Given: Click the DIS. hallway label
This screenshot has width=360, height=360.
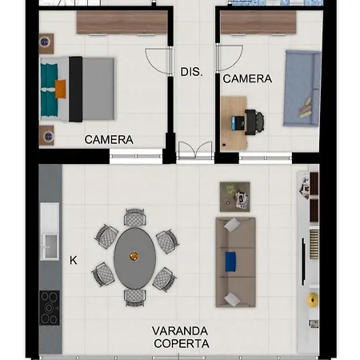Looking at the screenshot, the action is tap(191, 72).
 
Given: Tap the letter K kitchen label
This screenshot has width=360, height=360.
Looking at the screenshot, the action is tap(74, 260).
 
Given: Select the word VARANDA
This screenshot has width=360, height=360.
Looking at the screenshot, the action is tap(180, 331).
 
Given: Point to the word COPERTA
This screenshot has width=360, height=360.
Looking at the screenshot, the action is tap(182, 343).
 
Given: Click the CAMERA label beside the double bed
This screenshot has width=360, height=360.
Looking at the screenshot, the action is tap(109, 140).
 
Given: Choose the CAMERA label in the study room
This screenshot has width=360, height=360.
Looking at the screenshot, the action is tap(247, 78).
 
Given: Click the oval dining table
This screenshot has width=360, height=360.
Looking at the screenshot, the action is tap(134, 258).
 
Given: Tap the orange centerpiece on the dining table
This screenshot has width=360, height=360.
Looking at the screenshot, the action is tap(134, 256).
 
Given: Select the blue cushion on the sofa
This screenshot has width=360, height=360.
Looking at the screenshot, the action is tap(230, 262).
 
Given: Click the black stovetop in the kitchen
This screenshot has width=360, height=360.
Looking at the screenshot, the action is tap(50, 308).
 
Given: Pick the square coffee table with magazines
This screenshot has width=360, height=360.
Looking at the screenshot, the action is tap(234, 197).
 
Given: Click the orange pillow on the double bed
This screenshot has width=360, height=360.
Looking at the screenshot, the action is tap(61, 89).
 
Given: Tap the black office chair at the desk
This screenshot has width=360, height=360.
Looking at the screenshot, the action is tap(254, 122).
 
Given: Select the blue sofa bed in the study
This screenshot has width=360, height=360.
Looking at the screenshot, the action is tap(302, 88).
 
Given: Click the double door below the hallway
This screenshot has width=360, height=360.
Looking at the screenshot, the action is tap(195, 151).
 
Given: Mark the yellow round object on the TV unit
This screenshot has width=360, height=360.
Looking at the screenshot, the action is tap(312, 300).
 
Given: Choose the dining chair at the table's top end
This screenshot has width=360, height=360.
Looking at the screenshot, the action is tap(135, 217).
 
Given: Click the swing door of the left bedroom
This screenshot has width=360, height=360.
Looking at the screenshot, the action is tap(158, 61).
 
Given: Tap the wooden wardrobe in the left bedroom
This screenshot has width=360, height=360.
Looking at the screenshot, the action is tap(122, 22).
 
